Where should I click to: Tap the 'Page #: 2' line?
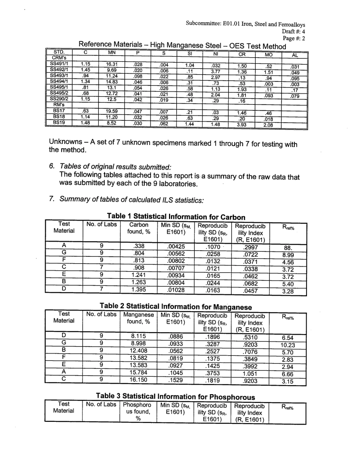pos(294,38)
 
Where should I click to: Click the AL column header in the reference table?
pos(294,55)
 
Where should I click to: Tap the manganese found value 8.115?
pos(138,335)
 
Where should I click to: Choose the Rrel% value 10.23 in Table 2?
pos(287,345)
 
